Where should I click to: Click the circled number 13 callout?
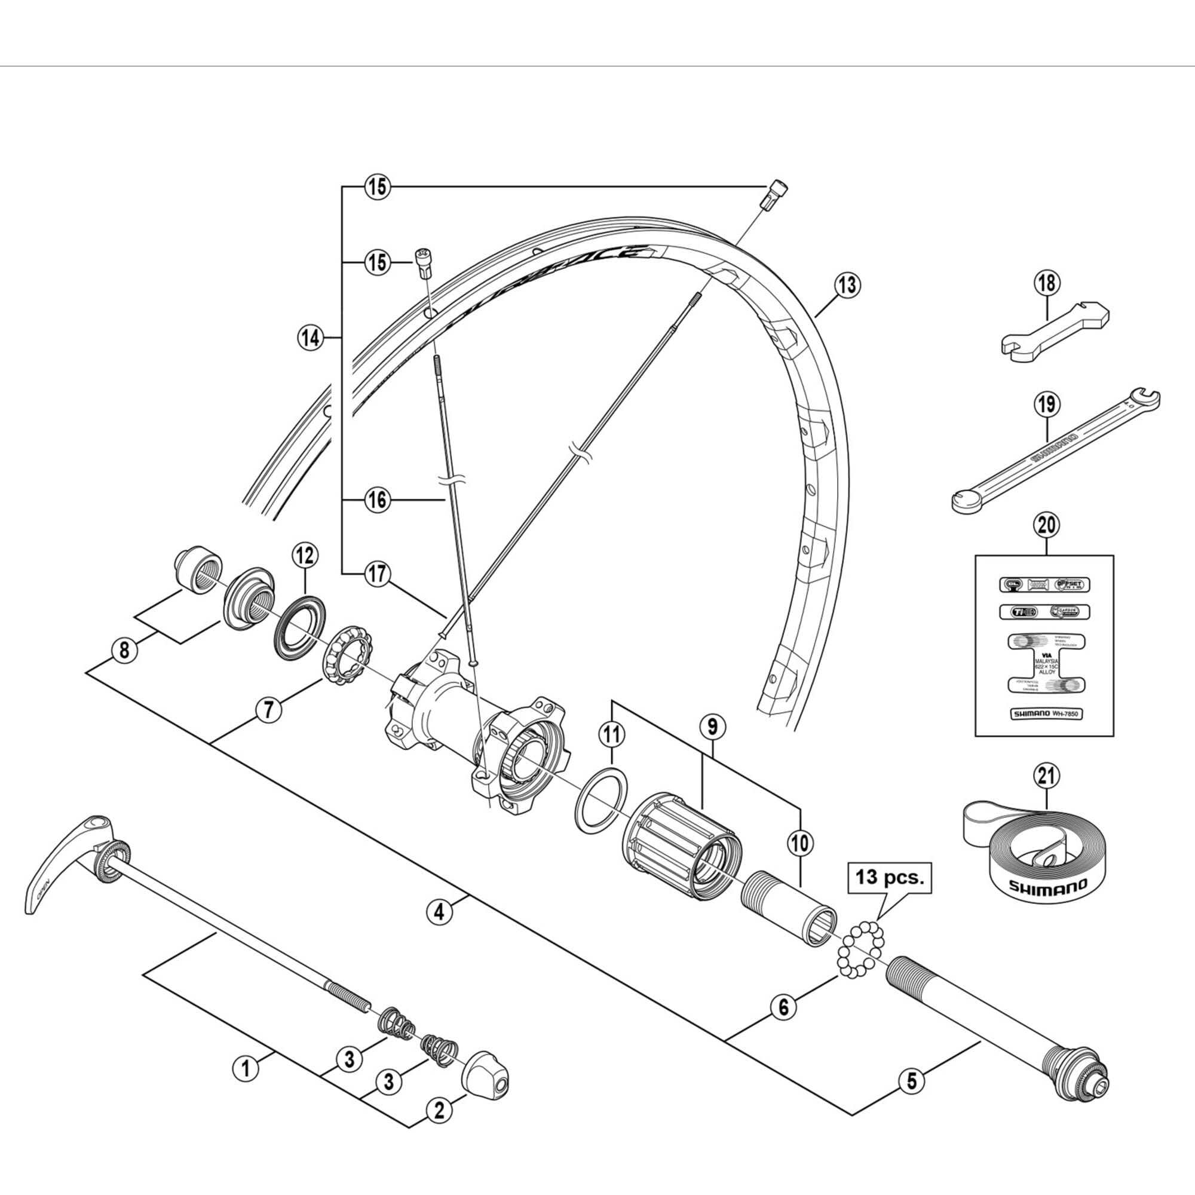[846, 285]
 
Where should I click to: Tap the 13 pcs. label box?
[889, 878]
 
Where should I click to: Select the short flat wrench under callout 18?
[1054, 335]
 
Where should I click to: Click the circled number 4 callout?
[439, 912]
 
